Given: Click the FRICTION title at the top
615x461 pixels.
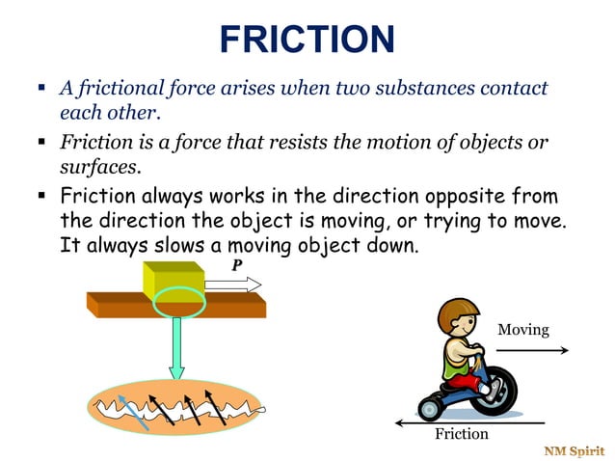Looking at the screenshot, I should [x=307, y=40].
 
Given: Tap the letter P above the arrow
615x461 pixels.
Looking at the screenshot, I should [x=236, y=265].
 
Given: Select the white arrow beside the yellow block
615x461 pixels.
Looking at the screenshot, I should [x=233, y=285].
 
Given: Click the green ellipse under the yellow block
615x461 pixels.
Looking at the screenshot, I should [x=178, y=302].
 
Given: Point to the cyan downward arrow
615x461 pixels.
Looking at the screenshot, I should [x=176, y=350].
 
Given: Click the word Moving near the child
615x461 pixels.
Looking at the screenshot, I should [x=522, y=330].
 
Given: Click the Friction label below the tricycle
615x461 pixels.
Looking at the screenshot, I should [x=462, y=434].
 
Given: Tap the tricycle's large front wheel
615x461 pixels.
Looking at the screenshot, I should [x=494, y=390].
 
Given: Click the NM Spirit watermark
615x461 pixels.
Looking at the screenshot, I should [x=574, y=450].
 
